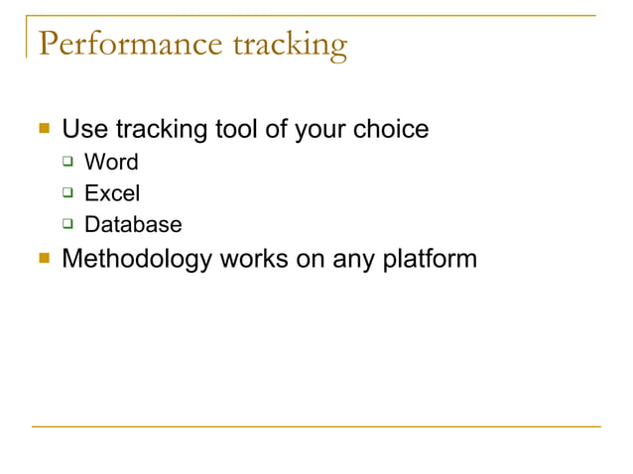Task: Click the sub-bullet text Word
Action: tap(111, 162)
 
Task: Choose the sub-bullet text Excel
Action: tap(112, 193)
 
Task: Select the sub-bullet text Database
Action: tap(133, 225)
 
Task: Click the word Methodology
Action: tap(137, 260)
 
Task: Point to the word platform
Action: tap(428, 260)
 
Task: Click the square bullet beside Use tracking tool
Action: tap(43, 129)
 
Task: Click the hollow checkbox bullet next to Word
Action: tap(69, 162)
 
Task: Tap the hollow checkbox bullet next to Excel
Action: tap(69, 193)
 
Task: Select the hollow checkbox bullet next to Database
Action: tap(69, 225)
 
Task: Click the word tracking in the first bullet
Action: tap(163, 129)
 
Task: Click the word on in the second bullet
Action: tap(308, 260)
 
